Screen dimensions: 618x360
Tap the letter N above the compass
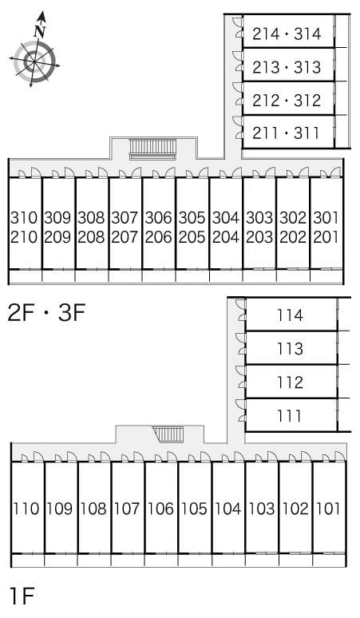click(x=40, y=30)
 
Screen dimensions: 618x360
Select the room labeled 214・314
click(x=287, y=34)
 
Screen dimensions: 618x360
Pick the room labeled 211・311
click(x=287, y=133)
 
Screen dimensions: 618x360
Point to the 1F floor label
click(x=23, y=595)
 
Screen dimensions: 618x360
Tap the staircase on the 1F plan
click(x=168, y=434)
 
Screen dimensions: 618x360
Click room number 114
click(x=290, y=315)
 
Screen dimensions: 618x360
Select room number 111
click(x=290, y=416)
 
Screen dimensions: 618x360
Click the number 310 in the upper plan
click(x=24, y=217)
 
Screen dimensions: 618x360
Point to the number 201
click(x=326, y=237)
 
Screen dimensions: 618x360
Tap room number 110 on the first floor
click(x=26, y=509)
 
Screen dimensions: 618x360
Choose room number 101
click(x=328, y=509)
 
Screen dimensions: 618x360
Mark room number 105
click(x=194, y=509)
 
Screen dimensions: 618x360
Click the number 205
click(x=192, y=237)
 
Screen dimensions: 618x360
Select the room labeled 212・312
click(x=287, y=101)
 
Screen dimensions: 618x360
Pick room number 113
click(x=290, y=349)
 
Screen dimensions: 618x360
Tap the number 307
click(x=125, y=217)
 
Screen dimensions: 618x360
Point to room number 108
click(x=93, y=509)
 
